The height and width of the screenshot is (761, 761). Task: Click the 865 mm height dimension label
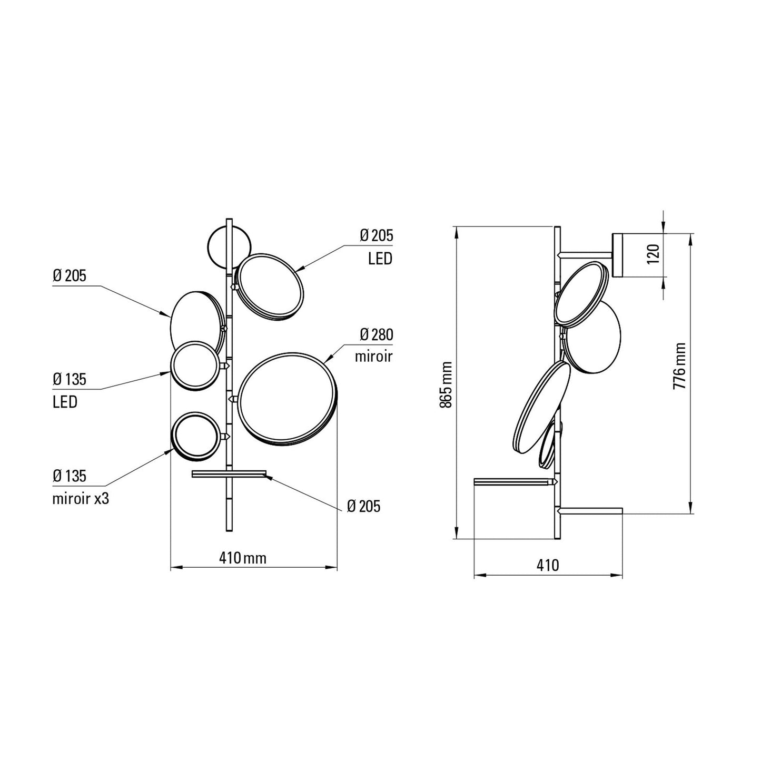coord(446,384)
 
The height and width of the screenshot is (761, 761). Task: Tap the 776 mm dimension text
coord(680,366)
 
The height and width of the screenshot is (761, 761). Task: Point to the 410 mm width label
coord(243,558)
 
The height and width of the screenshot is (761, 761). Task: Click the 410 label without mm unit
coord(548,565)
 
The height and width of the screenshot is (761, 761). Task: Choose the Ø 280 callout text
coord(376,334)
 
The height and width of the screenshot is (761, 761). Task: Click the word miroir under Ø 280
coord(373,357)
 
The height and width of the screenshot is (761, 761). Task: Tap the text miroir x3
coord(81,499)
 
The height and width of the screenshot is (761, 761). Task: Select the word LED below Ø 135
coord(65,402)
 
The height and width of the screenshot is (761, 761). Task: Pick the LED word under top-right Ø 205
coord(380,259)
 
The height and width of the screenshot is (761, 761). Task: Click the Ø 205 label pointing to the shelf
coord(363,506)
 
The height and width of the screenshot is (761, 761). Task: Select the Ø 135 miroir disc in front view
coord(196,436)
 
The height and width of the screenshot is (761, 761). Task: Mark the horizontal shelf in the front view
coord(230,474)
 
